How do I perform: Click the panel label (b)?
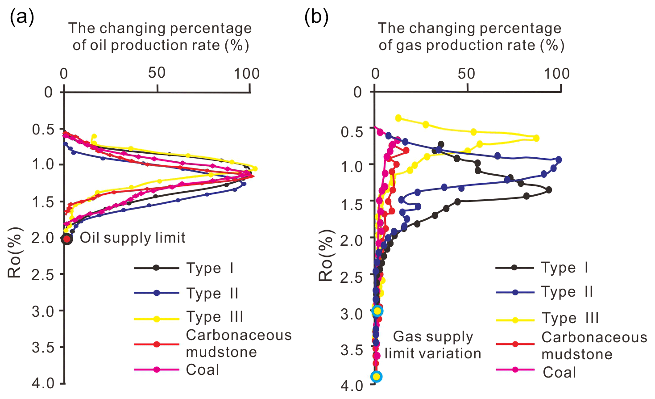click(316, 17)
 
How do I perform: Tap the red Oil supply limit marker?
click(66, 239)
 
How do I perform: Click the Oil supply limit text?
click(133, 238)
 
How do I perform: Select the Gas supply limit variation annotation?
click(433, 345)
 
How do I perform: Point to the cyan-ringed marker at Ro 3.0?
click(377, 311)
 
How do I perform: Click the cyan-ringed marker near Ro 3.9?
click(376, 376)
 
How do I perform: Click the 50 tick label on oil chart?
click(157, 73)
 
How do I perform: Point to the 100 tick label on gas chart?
click(556, 73)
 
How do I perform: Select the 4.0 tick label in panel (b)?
click(352, 384)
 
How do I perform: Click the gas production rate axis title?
click(471, 37)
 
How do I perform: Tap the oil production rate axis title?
click(160, 37)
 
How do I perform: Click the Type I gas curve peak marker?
click(548, 190)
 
